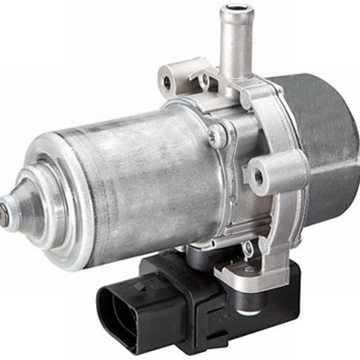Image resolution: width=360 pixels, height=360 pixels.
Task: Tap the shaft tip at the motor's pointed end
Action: coord(8,214)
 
